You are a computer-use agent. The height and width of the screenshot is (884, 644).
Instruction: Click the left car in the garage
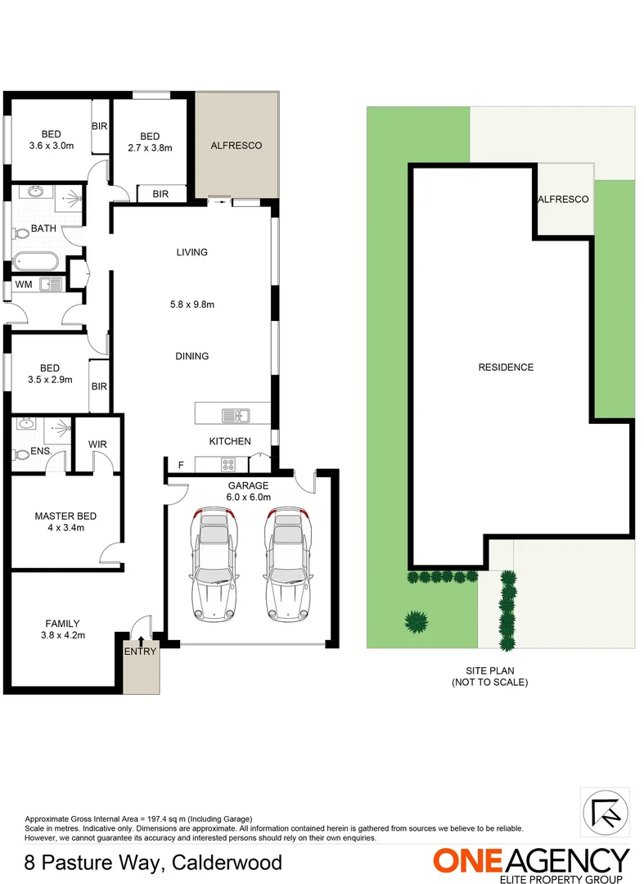click(214, 565)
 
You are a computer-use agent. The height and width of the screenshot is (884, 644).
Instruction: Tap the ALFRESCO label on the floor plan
click(236, 146)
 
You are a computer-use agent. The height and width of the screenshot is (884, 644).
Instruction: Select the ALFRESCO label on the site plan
click(563, 200)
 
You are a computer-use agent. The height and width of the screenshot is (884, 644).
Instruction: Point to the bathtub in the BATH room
click(35, 263)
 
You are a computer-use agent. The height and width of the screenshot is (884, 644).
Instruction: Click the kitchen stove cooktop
click(229, 465)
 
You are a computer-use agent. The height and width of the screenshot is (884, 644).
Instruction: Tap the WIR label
click(97, 445)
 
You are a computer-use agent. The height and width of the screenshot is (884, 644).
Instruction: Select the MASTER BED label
click(65, 516)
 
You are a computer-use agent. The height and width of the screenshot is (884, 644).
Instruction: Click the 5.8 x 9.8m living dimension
click(192, 305)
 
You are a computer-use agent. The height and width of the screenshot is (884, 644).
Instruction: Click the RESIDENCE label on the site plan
click(506, 368)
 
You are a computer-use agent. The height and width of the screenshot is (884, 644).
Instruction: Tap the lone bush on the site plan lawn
click(417, 622)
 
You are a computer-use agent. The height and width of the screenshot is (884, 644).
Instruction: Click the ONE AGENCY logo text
click(532, 861)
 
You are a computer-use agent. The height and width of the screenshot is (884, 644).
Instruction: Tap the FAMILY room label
click(62, 623)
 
